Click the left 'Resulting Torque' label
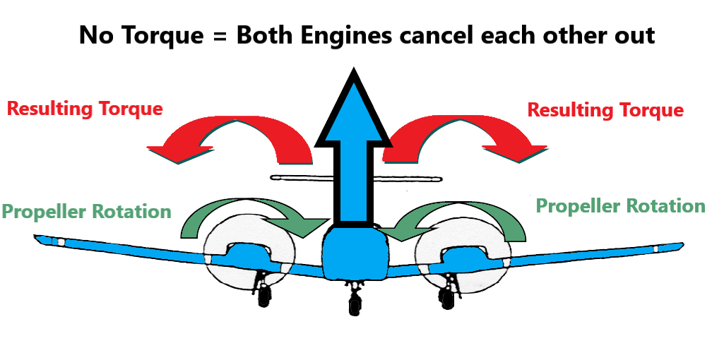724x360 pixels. pyautogui.click(x=85, y=109)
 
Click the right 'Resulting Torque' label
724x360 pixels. pyautogui.click(x=605, y=110)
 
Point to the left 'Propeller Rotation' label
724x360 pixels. pyautogui.click(x=86, y=212)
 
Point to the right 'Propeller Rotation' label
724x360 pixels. pyautogui.click(x=620, y=205)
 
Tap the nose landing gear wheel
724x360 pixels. pyautogui.click(x=353, y=304)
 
